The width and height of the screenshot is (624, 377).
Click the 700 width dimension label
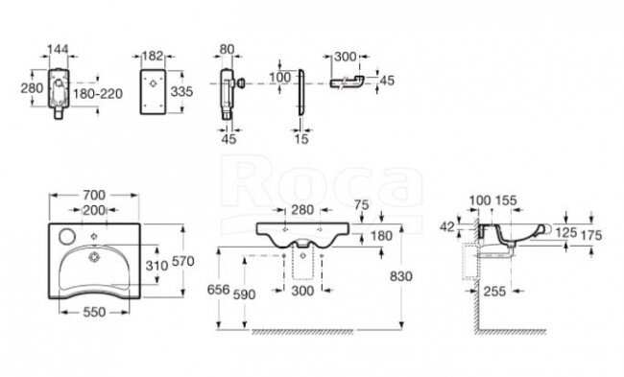point(94,196)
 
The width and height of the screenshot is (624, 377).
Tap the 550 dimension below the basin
point(94,312)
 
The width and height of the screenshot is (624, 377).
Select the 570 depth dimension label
point(182,261)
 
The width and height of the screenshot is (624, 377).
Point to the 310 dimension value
point(156,266)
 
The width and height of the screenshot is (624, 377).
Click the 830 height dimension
point(400,276)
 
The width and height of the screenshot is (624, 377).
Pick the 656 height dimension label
point(219,289)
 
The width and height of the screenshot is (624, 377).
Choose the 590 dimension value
point(244,295)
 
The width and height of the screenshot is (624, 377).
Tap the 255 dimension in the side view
point(494,292)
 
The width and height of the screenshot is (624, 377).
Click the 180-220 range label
point(98,94)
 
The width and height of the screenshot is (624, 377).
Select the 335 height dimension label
point(181,91)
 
